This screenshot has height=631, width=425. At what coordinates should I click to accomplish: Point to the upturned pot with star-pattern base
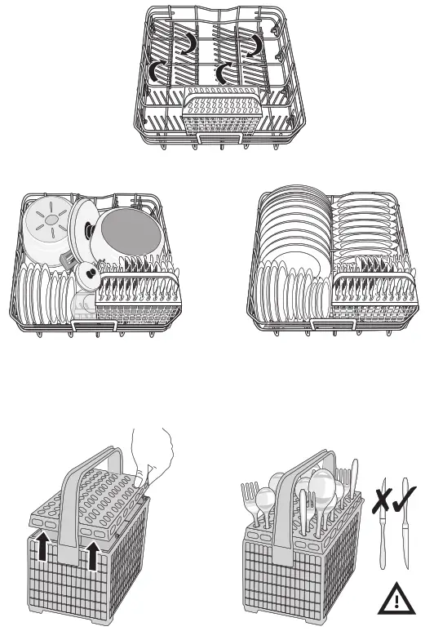[x=47, y=223]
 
